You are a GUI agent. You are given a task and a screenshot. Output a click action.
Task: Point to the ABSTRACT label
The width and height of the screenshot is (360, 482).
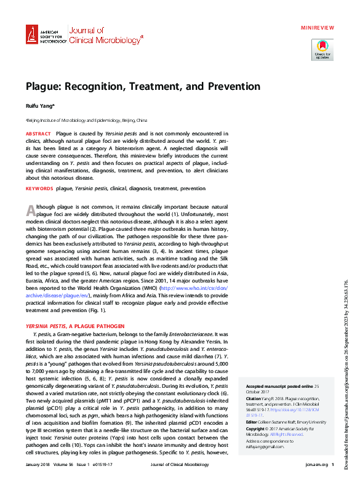(38, 134)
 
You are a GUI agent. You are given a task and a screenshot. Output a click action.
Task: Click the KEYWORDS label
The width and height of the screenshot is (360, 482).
(39, 188)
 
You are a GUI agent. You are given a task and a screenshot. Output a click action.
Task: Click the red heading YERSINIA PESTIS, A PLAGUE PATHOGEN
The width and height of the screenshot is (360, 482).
(74, 326)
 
